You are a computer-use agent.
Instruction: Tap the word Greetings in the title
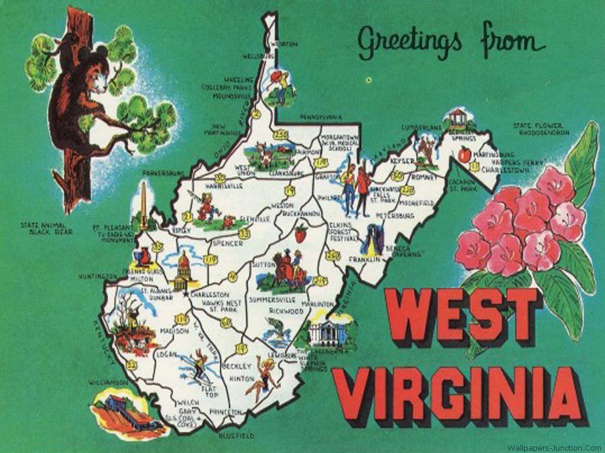coord(409,42)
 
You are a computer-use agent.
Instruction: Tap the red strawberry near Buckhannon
coord(301,232)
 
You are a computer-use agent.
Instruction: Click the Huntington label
coord(96,276)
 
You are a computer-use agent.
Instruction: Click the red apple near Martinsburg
coord(464,155)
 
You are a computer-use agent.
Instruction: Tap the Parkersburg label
coord(163,173)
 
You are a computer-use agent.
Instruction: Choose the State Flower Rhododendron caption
coord(541,129)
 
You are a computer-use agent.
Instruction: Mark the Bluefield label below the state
coord(236,436)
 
